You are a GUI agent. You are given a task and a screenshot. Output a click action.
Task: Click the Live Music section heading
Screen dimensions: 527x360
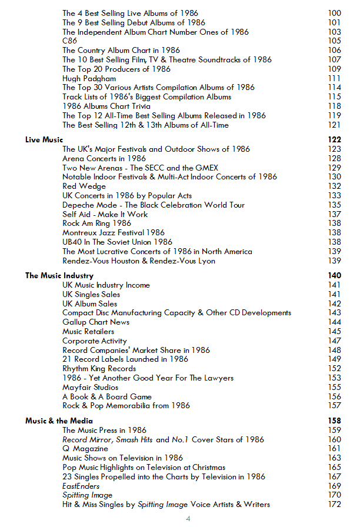pyautogui.click(x=44, y=140)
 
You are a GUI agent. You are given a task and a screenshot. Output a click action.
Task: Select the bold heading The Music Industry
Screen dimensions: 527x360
pyautogui.click(x=59, y=275)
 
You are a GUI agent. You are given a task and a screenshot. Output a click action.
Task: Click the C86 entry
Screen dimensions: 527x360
pyautogui.click(x=69, y=41)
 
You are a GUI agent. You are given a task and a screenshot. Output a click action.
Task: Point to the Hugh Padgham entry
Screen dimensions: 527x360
pyautogui.click(x=89, y=78)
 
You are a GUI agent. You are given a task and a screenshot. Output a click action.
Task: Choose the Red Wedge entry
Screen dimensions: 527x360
pyautogui.click(x=84, y=186)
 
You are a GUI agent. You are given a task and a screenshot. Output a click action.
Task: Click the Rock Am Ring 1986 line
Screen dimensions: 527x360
pyautogui.click(x=96, y=224)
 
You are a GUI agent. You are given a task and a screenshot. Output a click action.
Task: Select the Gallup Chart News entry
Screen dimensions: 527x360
pyautogui.click(x=96, y=322)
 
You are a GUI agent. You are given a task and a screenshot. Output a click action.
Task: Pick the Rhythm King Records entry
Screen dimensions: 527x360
pyautogui.click(x=99, y=369)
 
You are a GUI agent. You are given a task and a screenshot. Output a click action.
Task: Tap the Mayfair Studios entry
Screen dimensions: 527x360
pyautogui.click(x=90, y=388)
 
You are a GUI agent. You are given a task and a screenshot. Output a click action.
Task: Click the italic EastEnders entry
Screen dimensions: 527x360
pyautogui.click(x=81, y=486)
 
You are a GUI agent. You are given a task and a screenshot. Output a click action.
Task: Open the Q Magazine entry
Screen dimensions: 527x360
pyautogui.click(x=85, y=449)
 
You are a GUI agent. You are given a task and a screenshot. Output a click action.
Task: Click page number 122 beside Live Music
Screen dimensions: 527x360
pyautogui.click(x=334, y=140)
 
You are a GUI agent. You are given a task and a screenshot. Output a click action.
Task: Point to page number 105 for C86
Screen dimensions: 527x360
pyautogui.click(x=334, y=41)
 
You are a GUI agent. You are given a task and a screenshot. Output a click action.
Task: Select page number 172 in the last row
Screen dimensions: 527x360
pyautogui.click(x=334, y=505)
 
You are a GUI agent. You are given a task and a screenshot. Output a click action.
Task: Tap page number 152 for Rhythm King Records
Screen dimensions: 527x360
pyautogui.click(x=334, y=369)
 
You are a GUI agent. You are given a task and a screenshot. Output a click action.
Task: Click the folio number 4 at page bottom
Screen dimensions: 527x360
pyautogui.click(x=188, y=518)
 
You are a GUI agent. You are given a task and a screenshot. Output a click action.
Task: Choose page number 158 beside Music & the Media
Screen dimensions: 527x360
pyautogui.click(x=334, y=421)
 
